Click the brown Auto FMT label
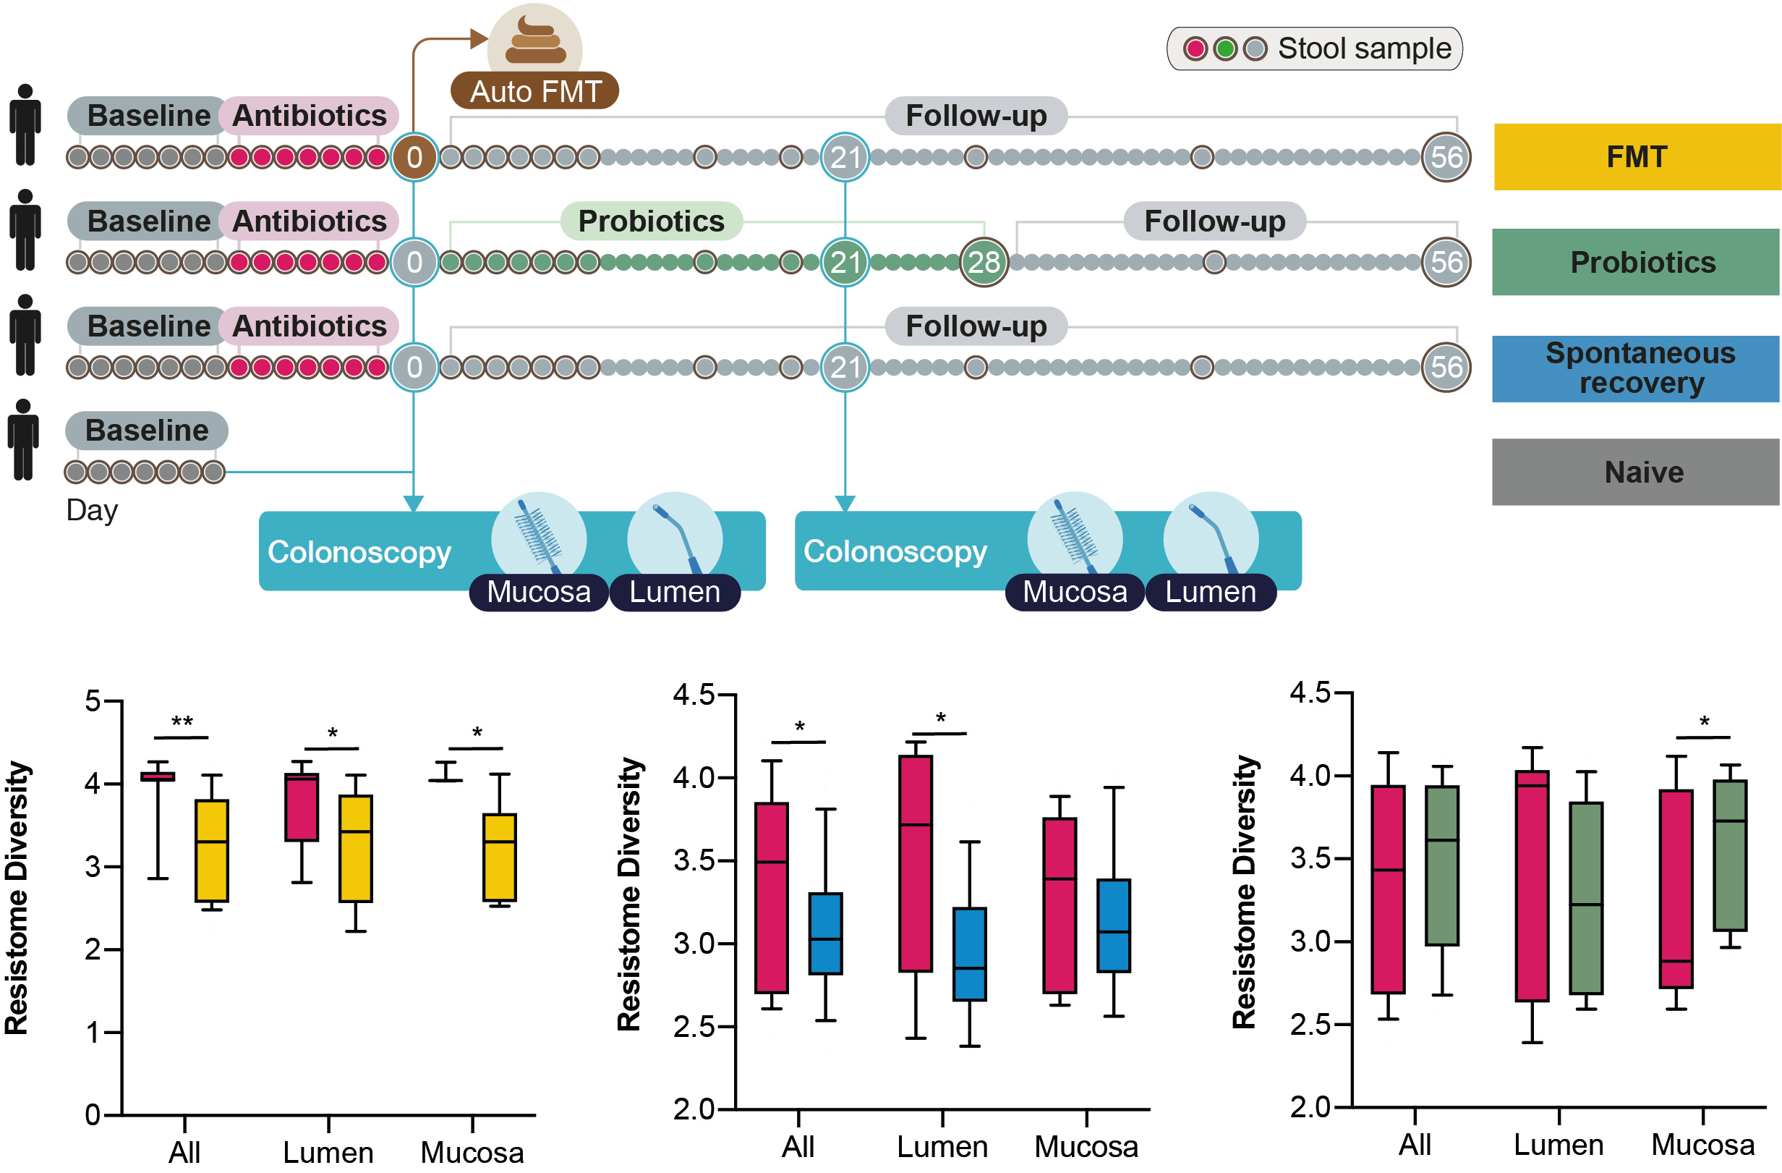[534, 91]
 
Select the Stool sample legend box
[1314, 48]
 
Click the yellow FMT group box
[1637, 156]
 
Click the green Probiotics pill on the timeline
[651, 221]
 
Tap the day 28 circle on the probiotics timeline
[983, 262]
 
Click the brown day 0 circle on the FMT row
[414, 157]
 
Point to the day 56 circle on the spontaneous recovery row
[1446, 367]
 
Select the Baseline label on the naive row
[147, 431]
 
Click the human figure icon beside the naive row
[24, 440]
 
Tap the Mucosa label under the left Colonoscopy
[538, 593]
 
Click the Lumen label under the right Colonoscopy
[1210, 593]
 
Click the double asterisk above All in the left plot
[182, 722]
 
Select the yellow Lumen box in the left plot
[355, 848]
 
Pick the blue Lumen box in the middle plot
[969, 954]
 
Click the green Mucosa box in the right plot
[1730, 855]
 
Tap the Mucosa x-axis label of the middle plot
[1086, 1147]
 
